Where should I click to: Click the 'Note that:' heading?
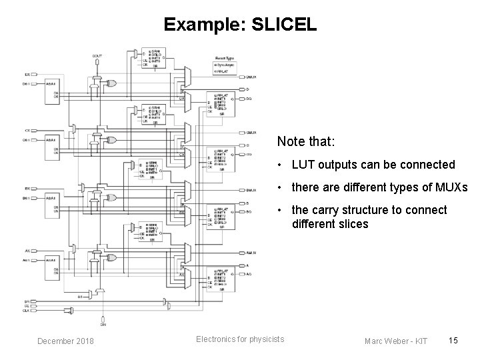[306, 142]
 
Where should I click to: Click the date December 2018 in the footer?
[65, 342]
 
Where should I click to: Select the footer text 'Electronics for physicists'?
[240, 339]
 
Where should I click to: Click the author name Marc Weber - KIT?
[396, 342]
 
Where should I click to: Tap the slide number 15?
[453, 341]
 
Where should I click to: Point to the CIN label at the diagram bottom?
[103, 325]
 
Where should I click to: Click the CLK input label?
[27, 310]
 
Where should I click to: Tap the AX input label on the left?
[27, 251]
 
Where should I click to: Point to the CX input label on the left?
[27, 131]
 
